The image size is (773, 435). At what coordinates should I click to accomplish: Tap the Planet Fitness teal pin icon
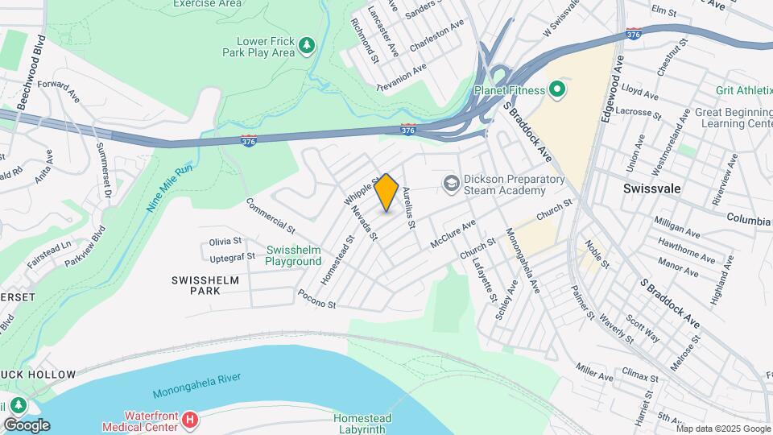557,89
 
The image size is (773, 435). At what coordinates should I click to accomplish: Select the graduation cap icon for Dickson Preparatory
450,184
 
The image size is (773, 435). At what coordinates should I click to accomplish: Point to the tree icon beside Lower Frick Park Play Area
306,46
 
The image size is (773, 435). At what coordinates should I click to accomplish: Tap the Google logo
27,425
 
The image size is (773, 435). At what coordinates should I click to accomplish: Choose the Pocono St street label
316,299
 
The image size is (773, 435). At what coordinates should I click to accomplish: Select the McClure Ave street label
454,230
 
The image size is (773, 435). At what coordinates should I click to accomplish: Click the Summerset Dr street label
102,172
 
